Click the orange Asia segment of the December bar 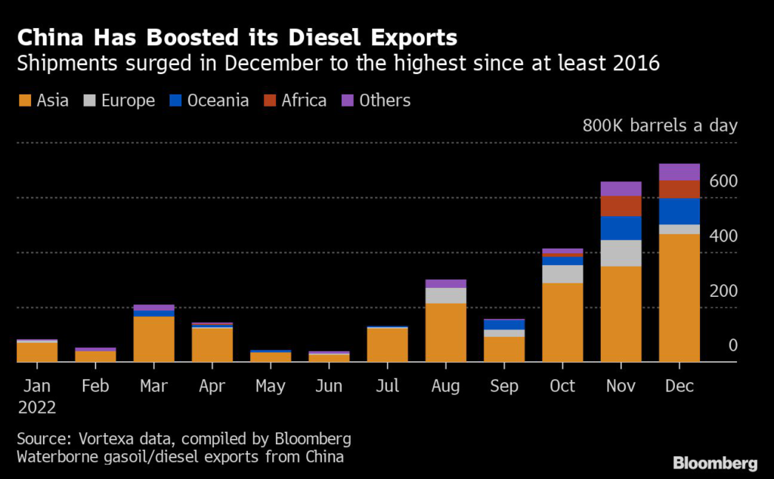679,298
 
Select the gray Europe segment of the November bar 621,253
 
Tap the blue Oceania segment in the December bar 679,211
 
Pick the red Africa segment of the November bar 621,206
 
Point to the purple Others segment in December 679,172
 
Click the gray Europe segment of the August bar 445,295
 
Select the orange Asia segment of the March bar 153,338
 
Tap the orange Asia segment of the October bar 562,323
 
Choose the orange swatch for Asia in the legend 24,100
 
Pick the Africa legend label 304,100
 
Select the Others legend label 385,100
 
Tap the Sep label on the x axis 504,386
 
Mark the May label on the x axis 270,386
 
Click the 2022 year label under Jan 37,407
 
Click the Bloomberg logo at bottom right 715,462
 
